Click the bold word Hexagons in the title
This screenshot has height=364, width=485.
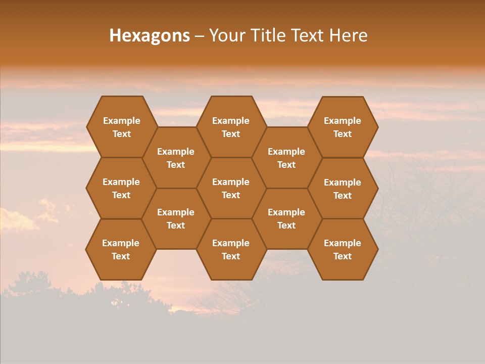(150, 35)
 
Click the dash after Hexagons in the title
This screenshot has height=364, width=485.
(199, 36)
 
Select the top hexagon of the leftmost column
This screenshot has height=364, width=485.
(121, 127)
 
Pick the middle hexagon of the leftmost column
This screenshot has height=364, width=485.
(121, 188)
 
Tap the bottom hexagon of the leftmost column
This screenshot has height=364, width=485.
(121, 249)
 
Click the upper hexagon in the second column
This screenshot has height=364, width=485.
(176, 158)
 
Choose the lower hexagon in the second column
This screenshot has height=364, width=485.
(176, 218)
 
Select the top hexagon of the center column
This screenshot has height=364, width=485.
(231, 127)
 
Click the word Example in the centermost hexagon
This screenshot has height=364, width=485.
(231, 182)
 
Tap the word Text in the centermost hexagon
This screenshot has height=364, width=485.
(231, 195)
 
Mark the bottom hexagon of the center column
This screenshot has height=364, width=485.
(231, 249)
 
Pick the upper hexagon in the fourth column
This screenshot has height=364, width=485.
(286, 158)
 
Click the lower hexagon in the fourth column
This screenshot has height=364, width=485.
(286, 218)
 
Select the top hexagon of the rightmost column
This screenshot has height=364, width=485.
(343, 127)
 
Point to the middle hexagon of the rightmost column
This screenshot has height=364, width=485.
(343, 189)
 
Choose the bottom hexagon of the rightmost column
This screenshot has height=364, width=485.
(343, 249)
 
